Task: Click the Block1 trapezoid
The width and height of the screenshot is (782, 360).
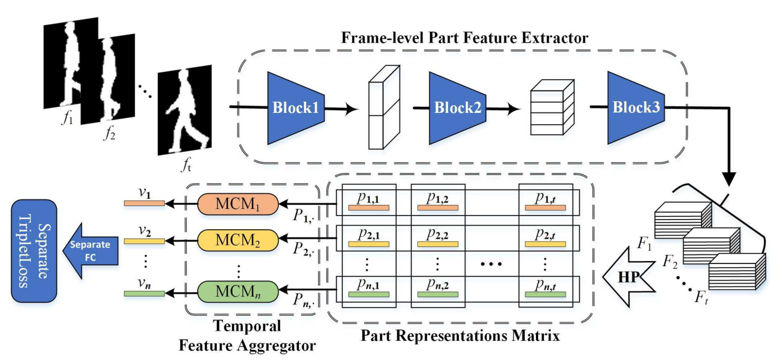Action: [296, 107]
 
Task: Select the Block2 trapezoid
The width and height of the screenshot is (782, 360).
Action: [456, 107]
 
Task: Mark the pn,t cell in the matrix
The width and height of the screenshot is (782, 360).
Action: [545, 289]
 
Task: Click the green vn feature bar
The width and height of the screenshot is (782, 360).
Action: [144, 293]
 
